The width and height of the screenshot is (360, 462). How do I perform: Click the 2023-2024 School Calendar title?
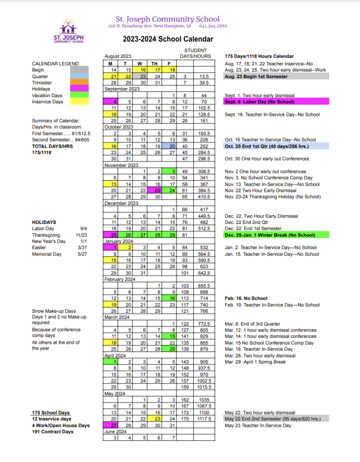[168, 39]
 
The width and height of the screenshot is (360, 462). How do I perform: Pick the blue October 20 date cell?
[170, 146]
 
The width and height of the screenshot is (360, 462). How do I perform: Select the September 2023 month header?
[122, 89]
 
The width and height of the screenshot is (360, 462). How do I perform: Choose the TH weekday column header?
[154, 63]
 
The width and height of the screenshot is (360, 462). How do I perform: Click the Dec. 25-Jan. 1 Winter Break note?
[269, 235]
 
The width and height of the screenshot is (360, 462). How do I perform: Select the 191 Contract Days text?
[52, 432]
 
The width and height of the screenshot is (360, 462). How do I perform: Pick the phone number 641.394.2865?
[213, 26]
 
